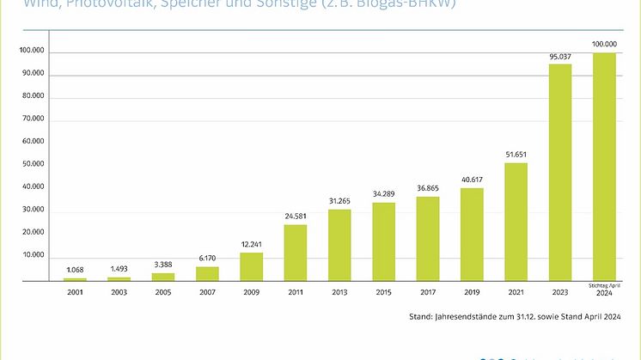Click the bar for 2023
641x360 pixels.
coord(560,172)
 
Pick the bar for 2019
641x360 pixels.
coord(472,234)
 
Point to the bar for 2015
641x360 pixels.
coord(383,241)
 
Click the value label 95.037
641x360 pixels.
coord(560,58)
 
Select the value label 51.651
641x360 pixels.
coord(516,156)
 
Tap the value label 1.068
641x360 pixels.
coord(75,271)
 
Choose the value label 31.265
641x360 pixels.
coord(339,202)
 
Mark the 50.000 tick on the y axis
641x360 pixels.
coord(32,164)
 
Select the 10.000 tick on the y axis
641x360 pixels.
coord(32,256)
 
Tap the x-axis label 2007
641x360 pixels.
coord(207,291)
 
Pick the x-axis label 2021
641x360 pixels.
coord(516,291)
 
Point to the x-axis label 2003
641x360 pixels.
coord(119,291)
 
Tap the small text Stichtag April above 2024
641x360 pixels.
coord(605,284)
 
